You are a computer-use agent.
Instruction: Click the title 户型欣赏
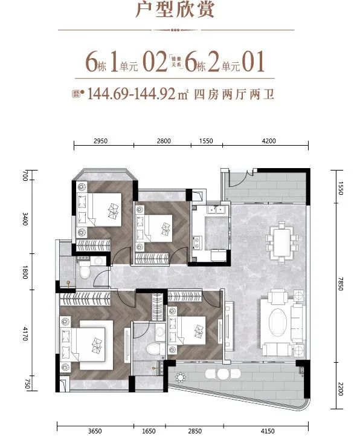[x=180, y=11]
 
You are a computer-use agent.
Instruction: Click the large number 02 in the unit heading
[x=155, y=62]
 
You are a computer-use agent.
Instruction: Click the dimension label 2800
[x=164, y=141]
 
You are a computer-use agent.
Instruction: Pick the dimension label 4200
[x=269, y=141]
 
